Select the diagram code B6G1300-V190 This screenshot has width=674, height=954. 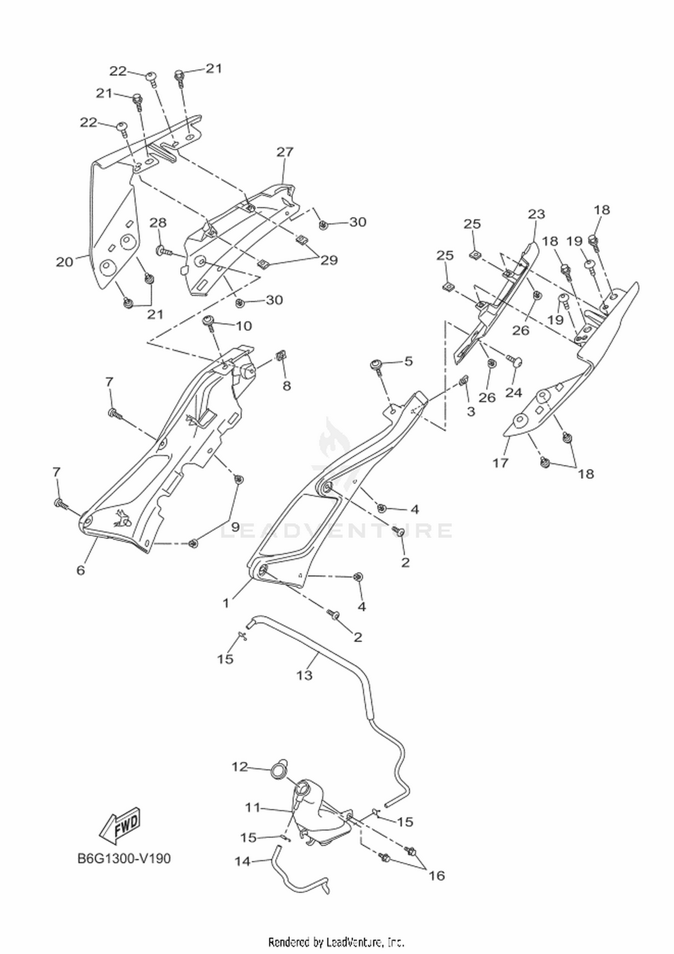tap(124, 859)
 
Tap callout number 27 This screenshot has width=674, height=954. tap(284, 152)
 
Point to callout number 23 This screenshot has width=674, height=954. tap(536, 214)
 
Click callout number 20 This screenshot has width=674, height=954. tap(64, 262)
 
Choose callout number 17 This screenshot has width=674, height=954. tap(500, 463)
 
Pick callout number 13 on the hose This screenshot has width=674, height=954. tap(304, 675)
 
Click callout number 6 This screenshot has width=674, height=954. tap(80, 570)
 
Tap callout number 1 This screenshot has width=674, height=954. tap(226, 603)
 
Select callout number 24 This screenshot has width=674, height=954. tap(514, 392)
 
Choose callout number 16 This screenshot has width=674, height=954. tap(437, 875)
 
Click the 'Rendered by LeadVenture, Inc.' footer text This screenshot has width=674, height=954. tap(336, 941)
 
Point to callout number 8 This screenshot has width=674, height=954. tap(286, 385)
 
